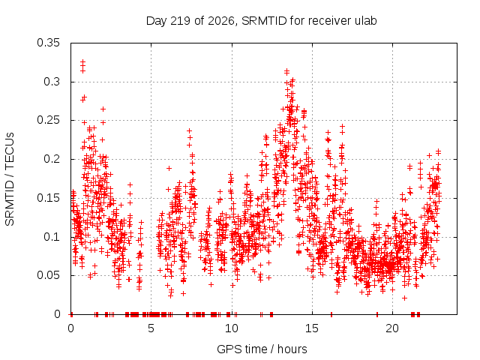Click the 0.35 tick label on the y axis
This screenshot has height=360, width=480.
(48, 43)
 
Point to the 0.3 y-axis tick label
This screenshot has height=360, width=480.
(52, 82)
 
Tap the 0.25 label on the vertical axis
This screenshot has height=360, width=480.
(48, 120)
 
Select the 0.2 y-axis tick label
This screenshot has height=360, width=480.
(52, 159)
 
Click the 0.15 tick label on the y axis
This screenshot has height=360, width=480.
(48, 198)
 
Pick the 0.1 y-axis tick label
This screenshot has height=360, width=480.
(52, 237)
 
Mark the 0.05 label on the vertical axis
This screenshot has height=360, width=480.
(48, 275)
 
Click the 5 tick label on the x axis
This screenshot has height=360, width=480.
(151, 328)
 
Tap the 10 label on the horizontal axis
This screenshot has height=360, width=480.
(232, 328)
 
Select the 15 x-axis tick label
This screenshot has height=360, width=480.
(312, 328)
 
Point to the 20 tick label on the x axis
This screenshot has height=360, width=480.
(392, 328)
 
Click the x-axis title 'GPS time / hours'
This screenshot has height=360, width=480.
(262, 349)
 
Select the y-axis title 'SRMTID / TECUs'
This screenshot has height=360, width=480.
(10, 179)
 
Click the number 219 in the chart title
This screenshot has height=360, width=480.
(181, 21)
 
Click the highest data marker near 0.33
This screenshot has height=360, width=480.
(82, 61)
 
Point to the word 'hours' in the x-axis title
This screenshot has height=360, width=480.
(292, 349)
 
